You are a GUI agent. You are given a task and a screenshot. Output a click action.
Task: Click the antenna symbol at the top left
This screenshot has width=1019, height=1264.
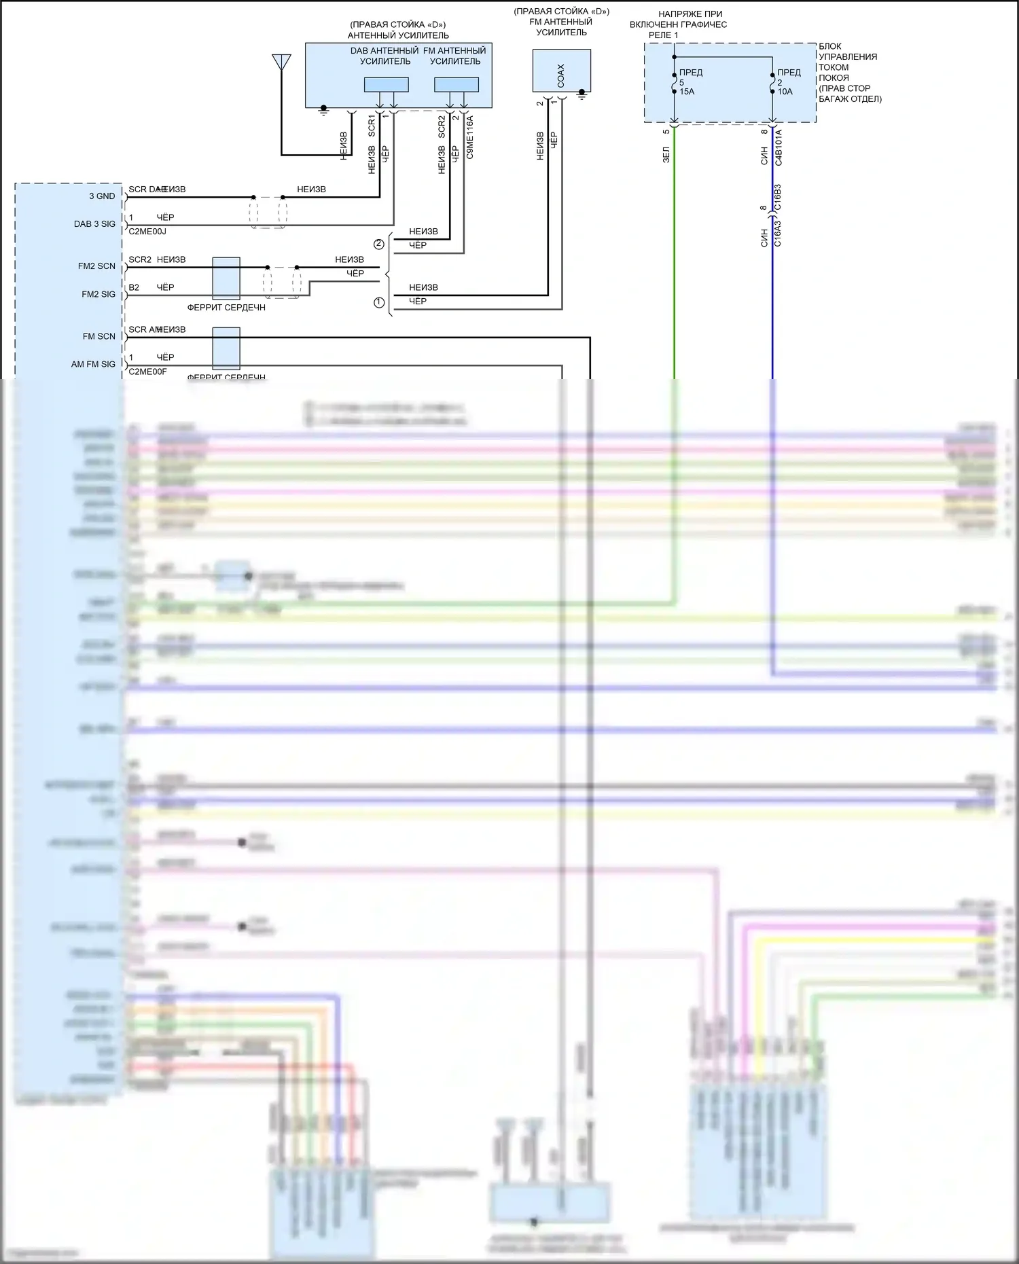tap(281, 62)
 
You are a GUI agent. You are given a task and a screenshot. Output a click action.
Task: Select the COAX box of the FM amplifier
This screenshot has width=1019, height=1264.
tap(561, 71)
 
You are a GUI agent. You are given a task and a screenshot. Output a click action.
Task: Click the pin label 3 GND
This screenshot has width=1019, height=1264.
tap(102, 196)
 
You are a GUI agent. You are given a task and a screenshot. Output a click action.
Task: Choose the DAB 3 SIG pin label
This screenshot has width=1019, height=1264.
tap(94, 224)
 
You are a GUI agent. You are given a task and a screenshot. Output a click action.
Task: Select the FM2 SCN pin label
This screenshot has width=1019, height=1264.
tap(96, 266)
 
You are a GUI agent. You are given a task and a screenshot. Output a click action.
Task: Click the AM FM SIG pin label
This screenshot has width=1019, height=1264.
tap(93, 364)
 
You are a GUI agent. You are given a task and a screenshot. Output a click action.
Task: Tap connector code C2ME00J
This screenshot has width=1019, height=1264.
tap(147, 232)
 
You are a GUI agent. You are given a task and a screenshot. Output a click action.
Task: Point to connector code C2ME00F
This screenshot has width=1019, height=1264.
tap(147, 372)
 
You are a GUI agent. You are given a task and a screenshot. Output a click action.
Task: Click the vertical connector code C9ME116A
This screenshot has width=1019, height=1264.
tap(470, 137)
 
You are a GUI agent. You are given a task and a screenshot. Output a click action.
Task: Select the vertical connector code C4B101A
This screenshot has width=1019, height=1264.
tap(779, 147)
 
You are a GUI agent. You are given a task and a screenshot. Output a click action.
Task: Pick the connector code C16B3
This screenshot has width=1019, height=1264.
tap(778, 197)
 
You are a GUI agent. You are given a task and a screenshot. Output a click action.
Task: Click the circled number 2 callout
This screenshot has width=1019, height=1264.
tap(379, 245)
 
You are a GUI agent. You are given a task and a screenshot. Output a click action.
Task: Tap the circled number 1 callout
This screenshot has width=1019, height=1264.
tap(379, 302)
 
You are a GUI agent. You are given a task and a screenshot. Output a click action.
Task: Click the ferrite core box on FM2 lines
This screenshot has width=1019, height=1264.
tap(226, 278)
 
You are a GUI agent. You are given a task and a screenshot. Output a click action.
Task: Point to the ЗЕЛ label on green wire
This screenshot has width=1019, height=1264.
tap(666, 155)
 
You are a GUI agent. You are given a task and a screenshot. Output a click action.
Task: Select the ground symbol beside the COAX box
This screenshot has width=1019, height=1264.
tap(582, 94)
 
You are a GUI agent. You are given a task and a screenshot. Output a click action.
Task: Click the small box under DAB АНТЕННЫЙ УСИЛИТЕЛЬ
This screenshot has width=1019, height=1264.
tap(386, 85)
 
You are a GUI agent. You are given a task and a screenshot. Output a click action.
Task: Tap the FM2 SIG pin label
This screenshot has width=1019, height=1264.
tap(99, 294)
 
